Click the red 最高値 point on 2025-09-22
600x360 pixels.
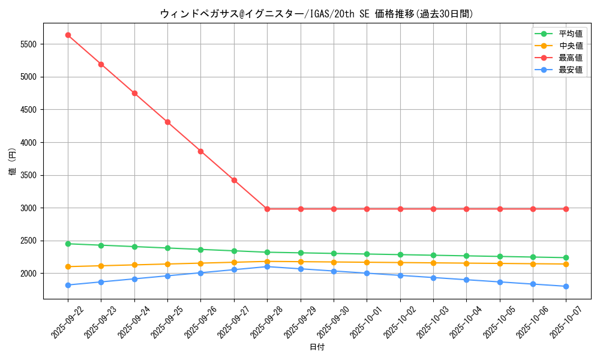(x=68, y=35)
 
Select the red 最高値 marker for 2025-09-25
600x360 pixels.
(x=167, y=122)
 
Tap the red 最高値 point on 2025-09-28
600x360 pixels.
(x=267, y=209)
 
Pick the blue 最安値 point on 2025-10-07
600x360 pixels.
(x=566, y=286)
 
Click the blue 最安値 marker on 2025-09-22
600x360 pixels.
(x=68, y=285)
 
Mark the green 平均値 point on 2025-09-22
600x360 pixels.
(x=68, y=244)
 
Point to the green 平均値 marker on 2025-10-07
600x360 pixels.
(x=566, y=258)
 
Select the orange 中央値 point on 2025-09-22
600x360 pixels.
(x=68, y=266)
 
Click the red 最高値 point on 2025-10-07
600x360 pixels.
(x=566, y=209)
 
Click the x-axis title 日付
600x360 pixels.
(x=317, y=347)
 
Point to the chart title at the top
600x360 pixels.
(x=317, y=14)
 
